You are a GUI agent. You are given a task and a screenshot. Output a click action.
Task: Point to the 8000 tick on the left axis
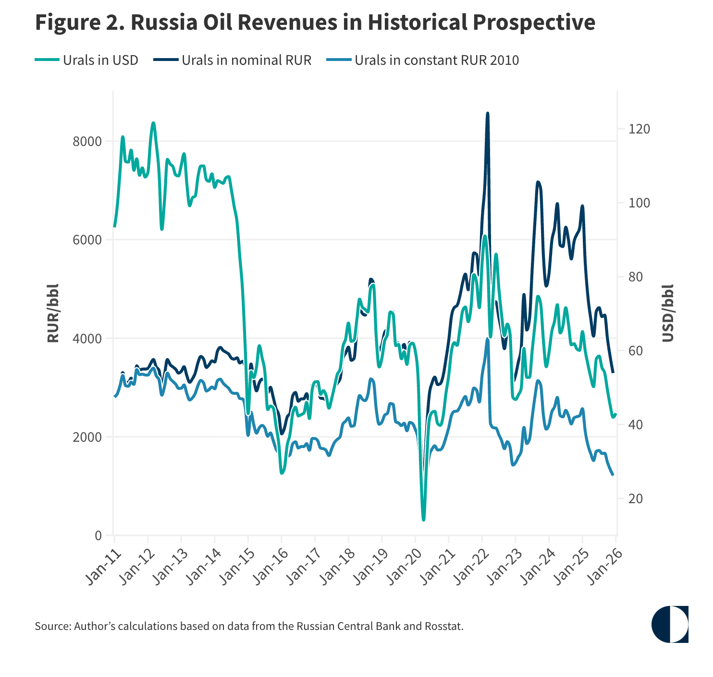[x=87, y=142]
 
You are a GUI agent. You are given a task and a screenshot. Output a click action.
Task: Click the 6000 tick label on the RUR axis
[x=87, y=240]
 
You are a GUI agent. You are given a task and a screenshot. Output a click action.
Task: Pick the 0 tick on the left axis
[x=98, y=535]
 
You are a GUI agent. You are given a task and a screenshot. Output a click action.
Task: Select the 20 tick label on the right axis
[x=635, y=499]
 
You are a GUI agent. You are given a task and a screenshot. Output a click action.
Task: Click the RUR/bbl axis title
[x=53, y=313]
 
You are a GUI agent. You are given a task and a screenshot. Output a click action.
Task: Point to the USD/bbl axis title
[x=668, y=313]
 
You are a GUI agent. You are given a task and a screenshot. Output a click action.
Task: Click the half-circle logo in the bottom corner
[x=670, y=624]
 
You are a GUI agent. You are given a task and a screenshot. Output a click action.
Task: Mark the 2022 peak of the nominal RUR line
[x=488, y=114]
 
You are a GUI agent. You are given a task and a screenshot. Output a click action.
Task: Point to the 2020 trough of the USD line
[x=423, y=520]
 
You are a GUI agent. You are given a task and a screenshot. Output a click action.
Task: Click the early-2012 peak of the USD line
[x=153, y=123]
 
